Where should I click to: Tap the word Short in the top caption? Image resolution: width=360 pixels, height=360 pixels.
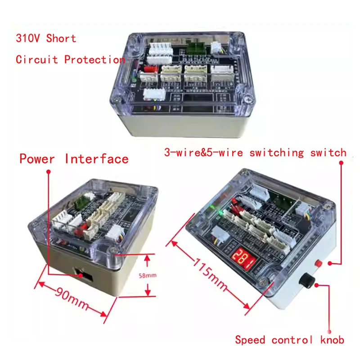pos(61,38)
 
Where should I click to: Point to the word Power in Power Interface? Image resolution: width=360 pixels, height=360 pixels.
pos(37,159)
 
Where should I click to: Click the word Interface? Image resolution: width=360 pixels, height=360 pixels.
pos(97,159)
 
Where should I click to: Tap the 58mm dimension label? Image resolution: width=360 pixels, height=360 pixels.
pos(148,275)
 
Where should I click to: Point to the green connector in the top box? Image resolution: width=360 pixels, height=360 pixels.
pos(196,48)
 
